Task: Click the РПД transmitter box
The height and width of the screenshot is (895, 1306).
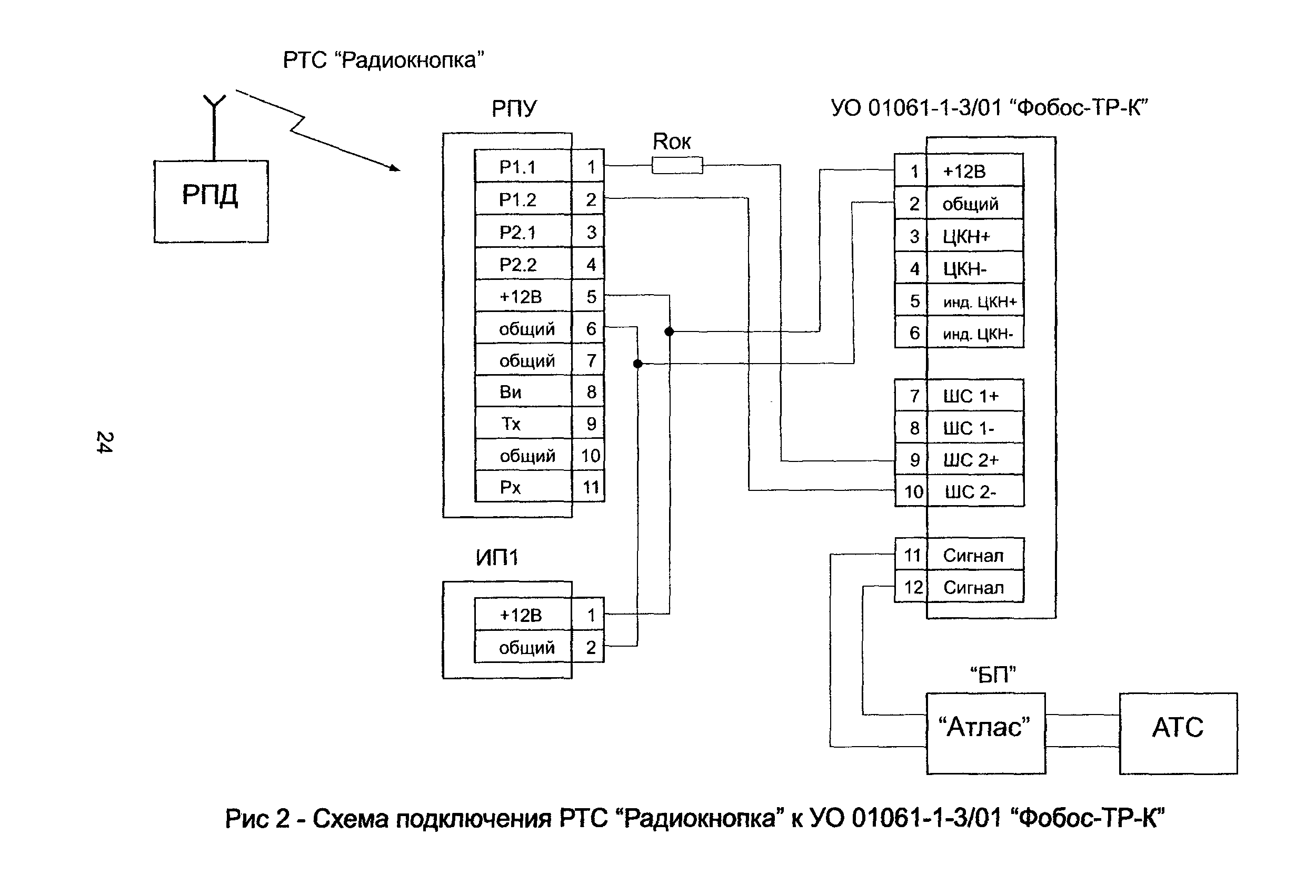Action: pos(211,201)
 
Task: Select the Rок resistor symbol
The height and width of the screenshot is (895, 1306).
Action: pos(676,165)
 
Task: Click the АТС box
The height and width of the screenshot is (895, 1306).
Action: pos(1178,733)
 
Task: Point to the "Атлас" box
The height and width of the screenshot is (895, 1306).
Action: pos(985,733)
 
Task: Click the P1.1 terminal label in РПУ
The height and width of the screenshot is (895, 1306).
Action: pos(517,167)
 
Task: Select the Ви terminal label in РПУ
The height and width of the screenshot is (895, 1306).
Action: pos(510,391)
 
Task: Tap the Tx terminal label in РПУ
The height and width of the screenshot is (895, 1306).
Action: pos(510,424)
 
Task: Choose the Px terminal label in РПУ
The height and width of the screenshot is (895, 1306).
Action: pos(510,487)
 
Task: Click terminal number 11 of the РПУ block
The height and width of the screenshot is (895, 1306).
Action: pos(590,487)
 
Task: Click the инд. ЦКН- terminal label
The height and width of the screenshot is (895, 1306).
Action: pos(978,334)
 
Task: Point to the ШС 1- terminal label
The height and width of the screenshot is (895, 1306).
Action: pos(968,429)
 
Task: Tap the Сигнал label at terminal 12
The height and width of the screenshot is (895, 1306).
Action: pos(973,588)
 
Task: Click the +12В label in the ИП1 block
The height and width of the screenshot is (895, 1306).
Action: pos(521,615)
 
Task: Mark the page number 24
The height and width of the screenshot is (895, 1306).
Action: pos(105,442)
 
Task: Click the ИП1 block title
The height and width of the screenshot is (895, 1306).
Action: pos(497,557)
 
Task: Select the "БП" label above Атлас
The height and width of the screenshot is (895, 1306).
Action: pos(993,674)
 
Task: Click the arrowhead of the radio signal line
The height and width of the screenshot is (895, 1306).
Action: pos(395,167)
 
